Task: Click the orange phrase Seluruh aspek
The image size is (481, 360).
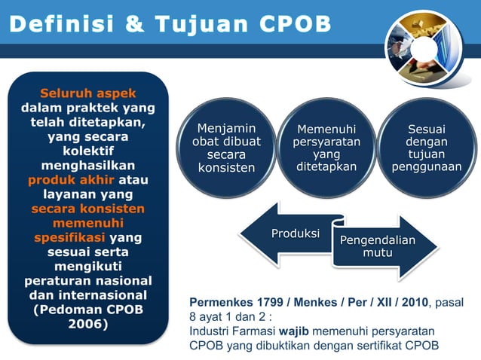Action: point(87,93)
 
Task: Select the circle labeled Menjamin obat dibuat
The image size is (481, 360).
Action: point(226,148)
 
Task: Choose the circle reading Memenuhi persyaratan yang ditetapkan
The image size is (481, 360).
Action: point(326,148)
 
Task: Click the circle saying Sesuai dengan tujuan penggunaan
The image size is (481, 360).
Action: point(426,148)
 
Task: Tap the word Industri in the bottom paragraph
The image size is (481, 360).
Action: point(210,331)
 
